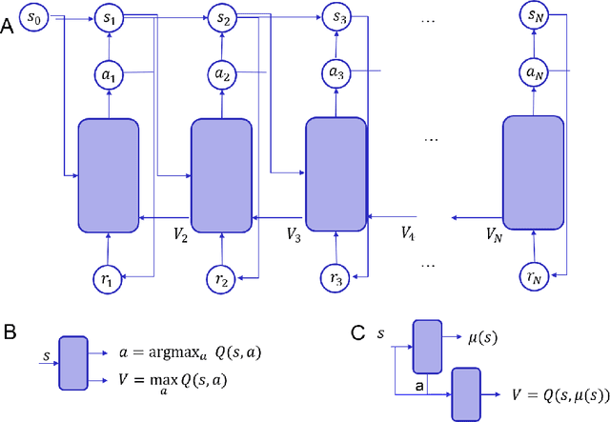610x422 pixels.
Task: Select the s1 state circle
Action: (110, 17)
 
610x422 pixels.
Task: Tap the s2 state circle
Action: (223, 17)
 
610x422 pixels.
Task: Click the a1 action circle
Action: (110, 72)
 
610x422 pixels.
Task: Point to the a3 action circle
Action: (336, 72)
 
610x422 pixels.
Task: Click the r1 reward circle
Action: (110, 279)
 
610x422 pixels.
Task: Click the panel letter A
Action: (8, 29)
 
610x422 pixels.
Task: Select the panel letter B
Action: (8, 333)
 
